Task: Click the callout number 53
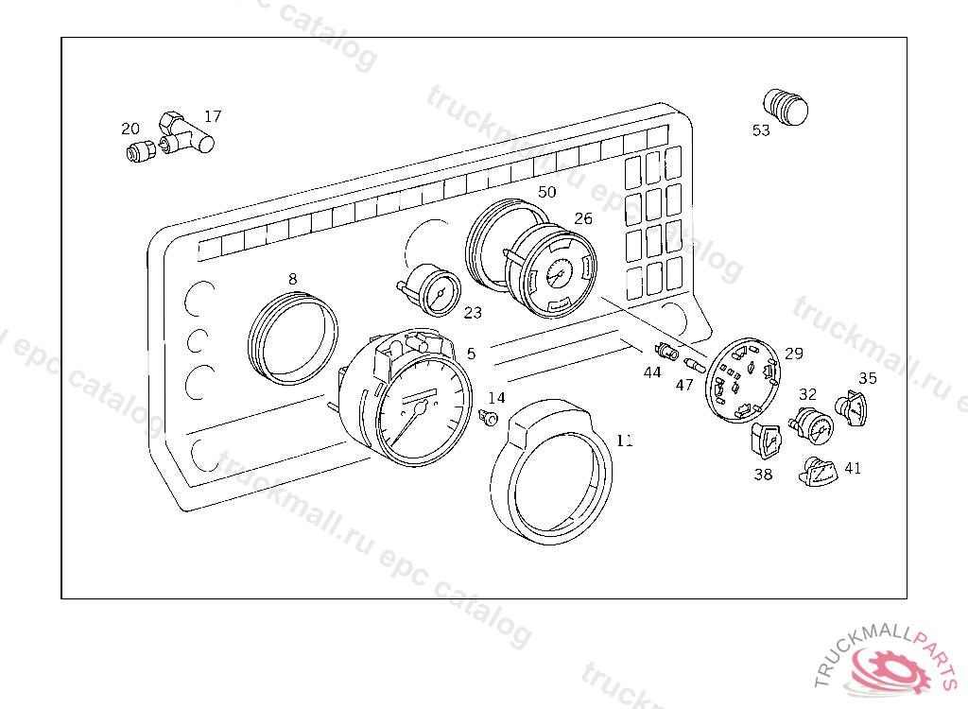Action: (x=761, y=130)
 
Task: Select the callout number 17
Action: (x=213, y=116)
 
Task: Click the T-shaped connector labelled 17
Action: (x=186, y=136)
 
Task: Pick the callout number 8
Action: (x=292, y=279)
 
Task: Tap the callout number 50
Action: (x=546, y=192)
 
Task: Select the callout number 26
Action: (x=583, y=218)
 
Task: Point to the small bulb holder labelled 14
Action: (x=490, y=417)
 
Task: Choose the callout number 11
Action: (x=624, y=441)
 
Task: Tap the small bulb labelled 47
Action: (x=694, y=364)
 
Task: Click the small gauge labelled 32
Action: (x=810, y=426)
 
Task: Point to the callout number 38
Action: (x=763, y=475)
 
